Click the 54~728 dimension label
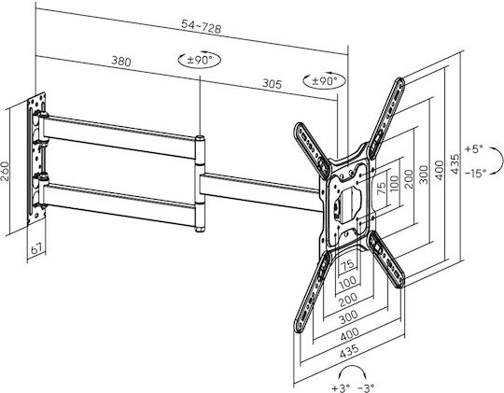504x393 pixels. pos(202,26)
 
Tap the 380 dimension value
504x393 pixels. pos(121,61)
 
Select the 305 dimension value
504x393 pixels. pos(272,84)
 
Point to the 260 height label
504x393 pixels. pos(6,171)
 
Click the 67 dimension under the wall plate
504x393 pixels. pos(36,248)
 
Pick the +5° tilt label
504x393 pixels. pos(474,149)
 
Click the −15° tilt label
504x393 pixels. pos(476,174)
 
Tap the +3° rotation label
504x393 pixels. pos(341,388)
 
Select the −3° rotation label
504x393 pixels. pos(366,388)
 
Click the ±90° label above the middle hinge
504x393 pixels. pos(200,60)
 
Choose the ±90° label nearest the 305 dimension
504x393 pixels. pos(325,80)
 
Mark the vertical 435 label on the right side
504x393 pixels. pos(455,164)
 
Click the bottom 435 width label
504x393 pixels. pos(349,351)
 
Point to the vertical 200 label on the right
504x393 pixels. pos(409,179)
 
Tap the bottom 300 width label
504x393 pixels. pos(348,317)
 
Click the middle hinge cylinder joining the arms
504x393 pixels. pos(200,184)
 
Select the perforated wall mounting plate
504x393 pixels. pos(36,159)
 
